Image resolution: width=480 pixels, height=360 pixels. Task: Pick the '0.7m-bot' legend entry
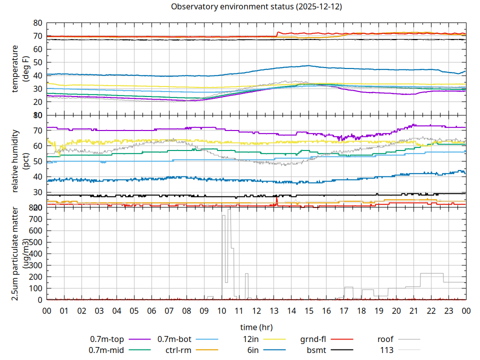pos(174,339)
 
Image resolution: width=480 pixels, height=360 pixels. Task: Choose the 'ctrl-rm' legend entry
pos(178,350)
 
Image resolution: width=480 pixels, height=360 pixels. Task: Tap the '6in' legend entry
pos(253,350)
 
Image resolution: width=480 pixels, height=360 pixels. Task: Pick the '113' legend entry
pos(387,350)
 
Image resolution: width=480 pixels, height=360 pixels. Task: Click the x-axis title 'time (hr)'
pos(256,327)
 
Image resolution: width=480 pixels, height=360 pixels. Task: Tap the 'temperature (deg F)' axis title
pos(19,69)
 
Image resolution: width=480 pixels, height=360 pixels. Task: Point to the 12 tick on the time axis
pos(256,310)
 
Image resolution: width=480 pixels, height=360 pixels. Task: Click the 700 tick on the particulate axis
pos(36,219)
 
